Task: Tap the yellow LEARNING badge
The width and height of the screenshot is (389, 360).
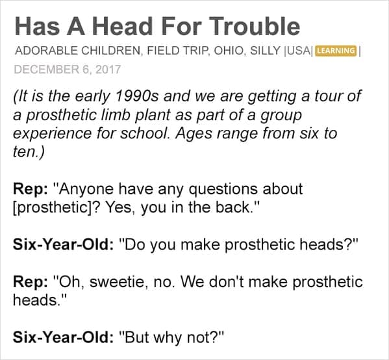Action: point(336,51)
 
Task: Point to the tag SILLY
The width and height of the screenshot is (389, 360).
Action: point(265,51)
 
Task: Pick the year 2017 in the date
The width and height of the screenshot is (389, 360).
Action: point(108,70)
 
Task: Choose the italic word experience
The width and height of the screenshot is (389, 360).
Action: point(53,134)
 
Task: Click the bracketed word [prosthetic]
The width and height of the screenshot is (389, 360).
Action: point(53,208)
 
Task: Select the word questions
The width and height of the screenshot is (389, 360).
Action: point(223,190)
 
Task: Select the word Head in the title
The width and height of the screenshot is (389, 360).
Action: point(122,26)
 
